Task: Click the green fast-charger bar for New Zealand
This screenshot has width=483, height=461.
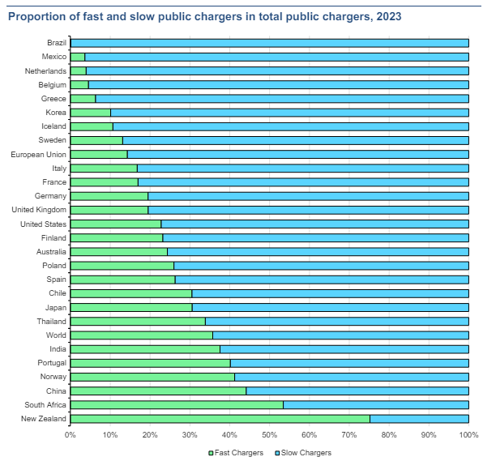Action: [220, 419]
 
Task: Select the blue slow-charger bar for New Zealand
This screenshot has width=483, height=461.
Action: [419, 419]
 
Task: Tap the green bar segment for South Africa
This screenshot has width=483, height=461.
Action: [177, 405]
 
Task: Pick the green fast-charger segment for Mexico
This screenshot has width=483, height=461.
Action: [77, 57]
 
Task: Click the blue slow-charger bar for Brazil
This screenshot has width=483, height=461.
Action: [270, 43]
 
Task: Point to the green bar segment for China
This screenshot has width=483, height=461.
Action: [158, 391]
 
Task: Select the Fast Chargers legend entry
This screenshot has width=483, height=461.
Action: [236, 453]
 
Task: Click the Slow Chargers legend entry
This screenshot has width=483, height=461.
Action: [303, 453]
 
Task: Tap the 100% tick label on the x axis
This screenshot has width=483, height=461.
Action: [469, 435]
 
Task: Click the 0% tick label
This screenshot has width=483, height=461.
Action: [71, 435]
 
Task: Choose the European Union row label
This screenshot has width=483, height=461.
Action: [39, 154]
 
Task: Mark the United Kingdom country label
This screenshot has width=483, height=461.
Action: [39, 210]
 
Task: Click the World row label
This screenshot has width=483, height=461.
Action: [56, 335]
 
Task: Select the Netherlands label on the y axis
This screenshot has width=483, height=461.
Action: [45, 71]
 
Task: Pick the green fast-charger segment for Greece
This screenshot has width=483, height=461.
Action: [83, 99]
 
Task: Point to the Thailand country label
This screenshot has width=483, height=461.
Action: [51, 321]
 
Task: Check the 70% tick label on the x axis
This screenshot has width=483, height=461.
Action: [349, 435]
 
